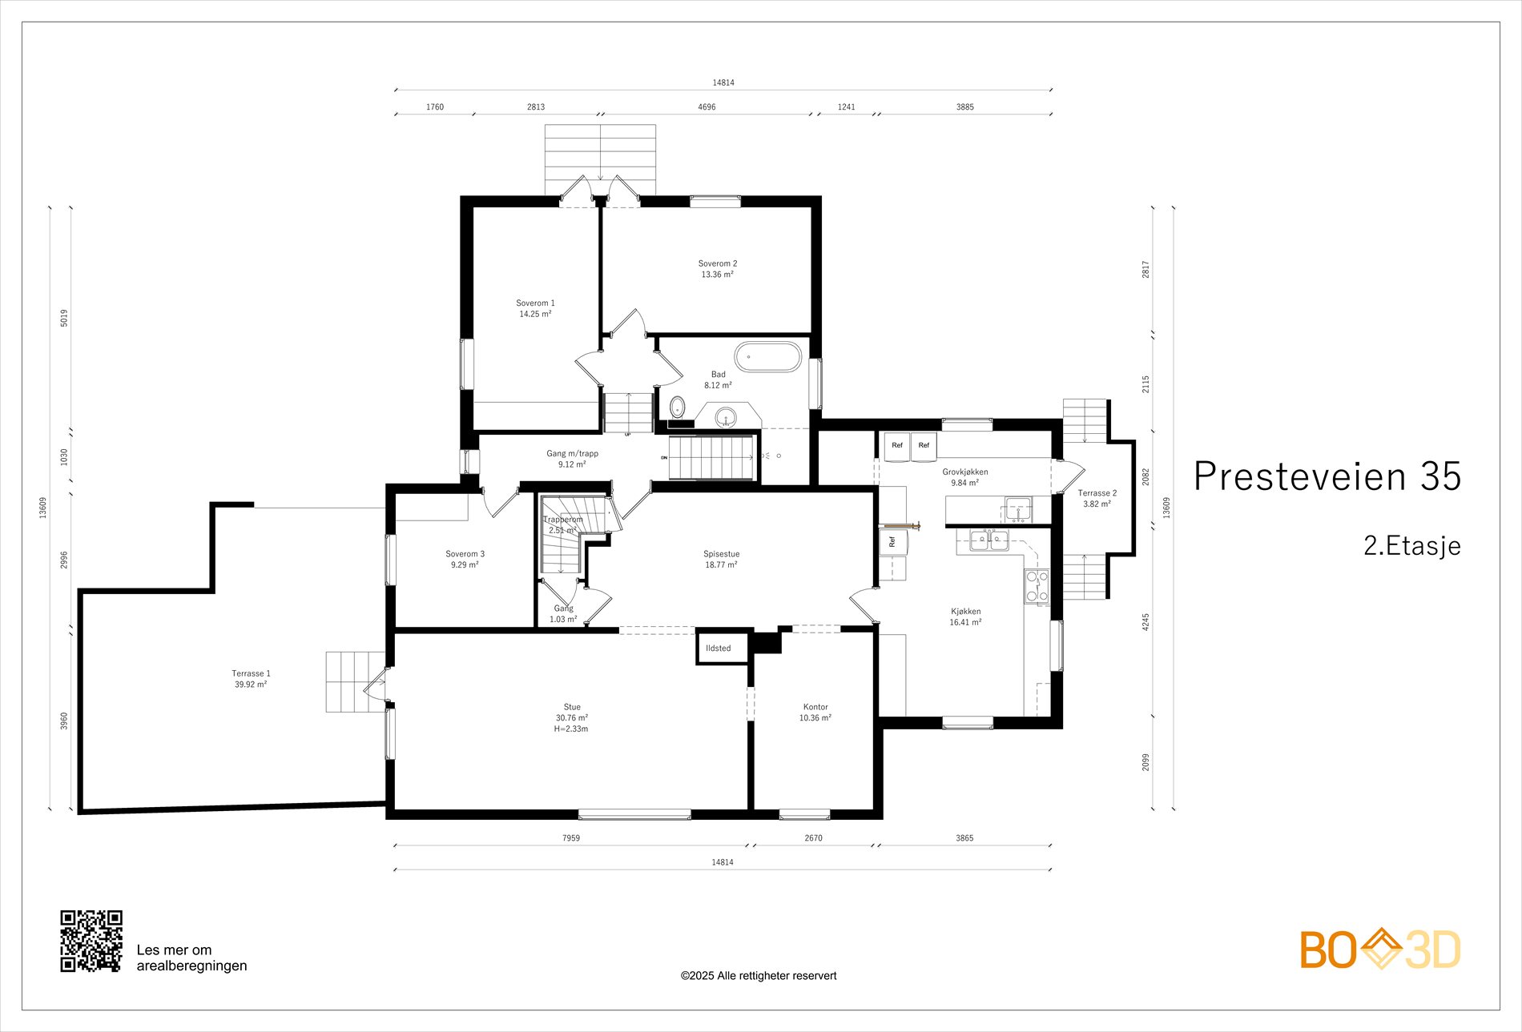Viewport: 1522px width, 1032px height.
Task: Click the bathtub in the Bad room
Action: pos(767,357)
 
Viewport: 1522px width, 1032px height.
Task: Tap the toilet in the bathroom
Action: pos(678,407)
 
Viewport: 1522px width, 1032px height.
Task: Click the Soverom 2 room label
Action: pos(718,263)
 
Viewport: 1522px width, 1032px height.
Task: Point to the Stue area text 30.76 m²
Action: pos(572,718)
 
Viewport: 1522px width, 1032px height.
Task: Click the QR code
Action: pos(92,941)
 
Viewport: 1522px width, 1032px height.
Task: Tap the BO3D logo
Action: pos(1380,949)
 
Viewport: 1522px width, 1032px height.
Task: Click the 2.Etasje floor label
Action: pos(1412,546)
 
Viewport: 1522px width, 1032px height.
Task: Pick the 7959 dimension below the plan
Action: pos(570,838)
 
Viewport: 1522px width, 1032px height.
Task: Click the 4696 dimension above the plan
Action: pos(707,106)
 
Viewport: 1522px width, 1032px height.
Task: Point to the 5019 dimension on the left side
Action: pos(64,317)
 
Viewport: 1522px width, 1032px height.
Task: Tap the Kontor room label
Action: pos(815,707)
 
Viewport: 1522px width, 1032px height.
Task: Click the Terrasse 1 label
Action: pos(251,673)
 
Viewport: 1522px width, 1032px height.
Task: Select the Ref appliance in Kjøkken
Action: pos(892,542)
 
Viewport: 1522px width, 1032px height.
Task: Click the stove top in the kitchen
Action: pos(1037,585)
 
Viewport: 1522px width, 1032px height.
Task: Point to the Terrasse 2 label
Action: pos(1097,493)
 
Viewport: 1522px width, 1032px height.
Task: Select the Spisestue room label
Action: pos(721,553)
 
